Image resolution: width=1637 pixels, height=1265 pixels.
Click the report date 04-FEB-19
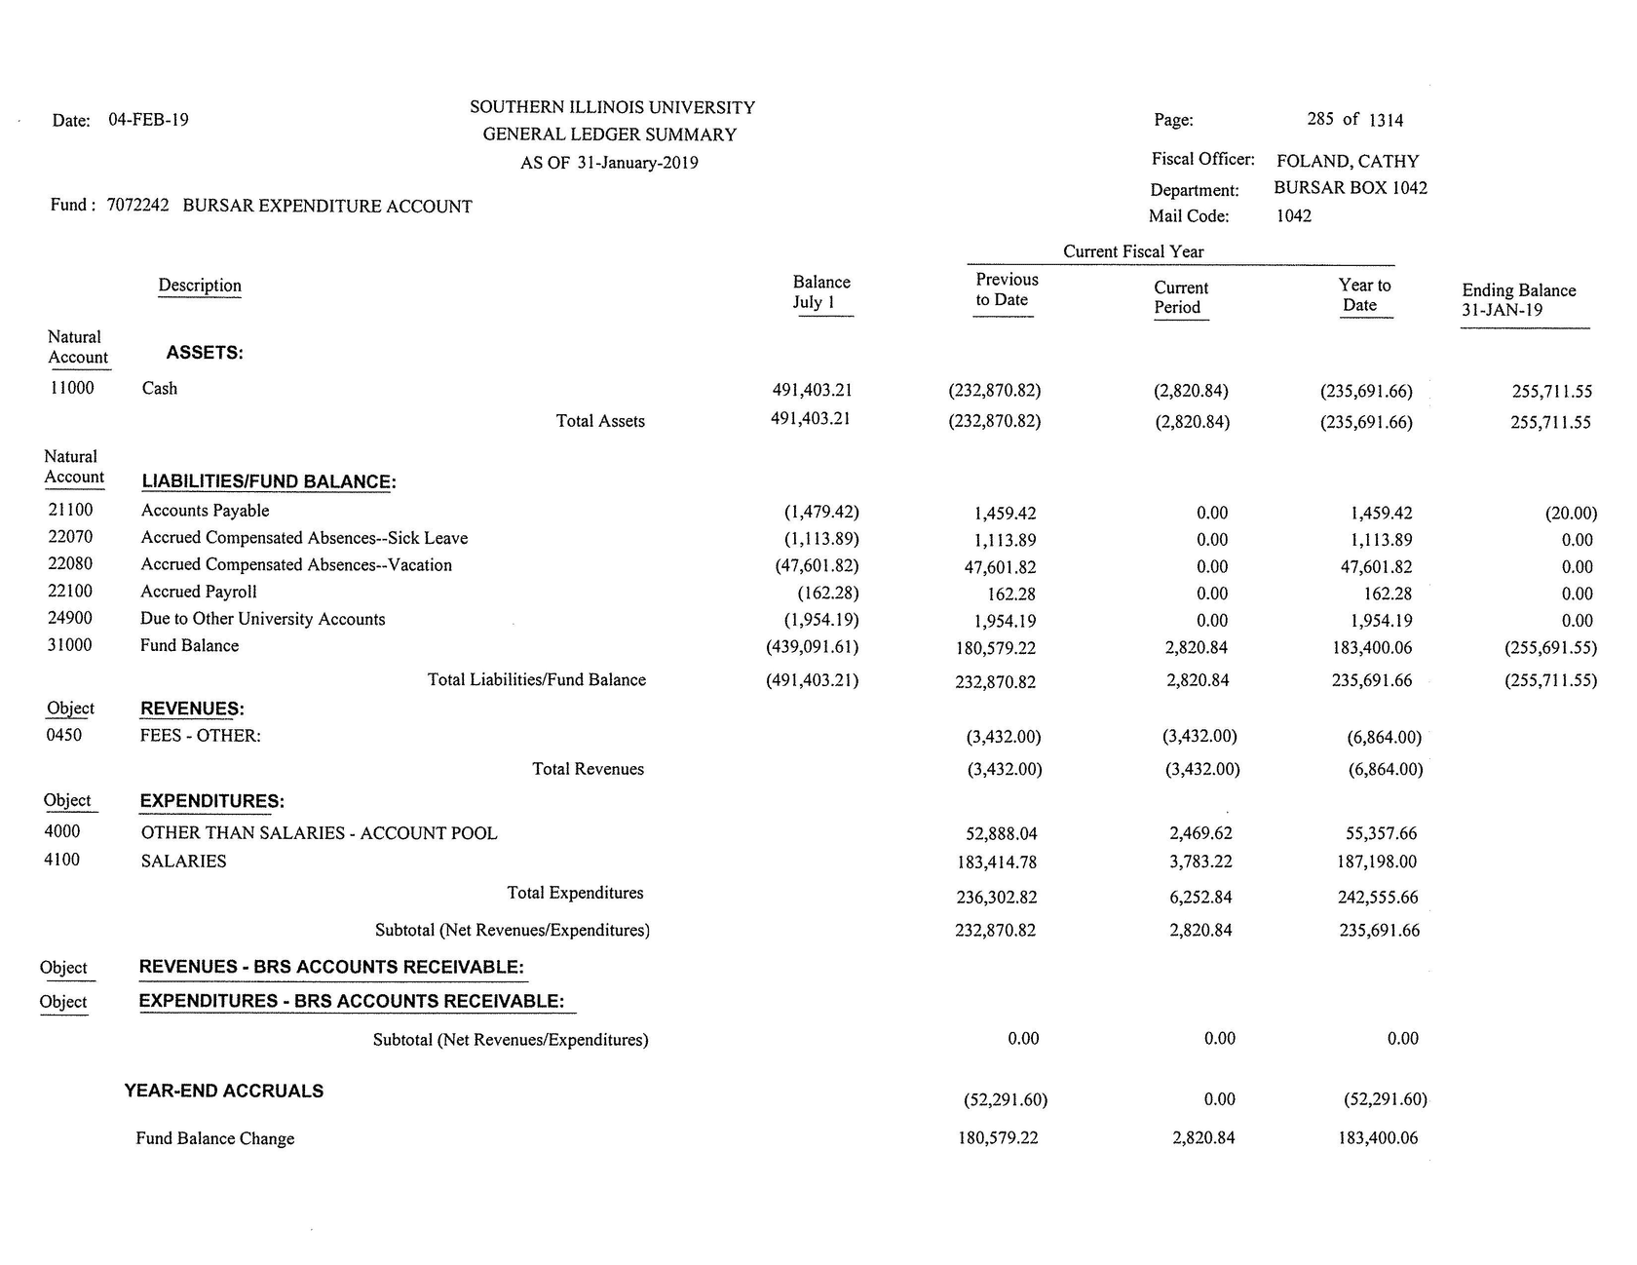(148, 120)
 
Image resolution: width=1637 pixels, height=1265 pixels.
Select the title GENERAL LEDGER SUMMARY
(609, 134)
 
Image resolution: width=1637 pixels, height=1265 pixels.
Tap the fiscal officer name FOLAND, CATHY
(1348, 161)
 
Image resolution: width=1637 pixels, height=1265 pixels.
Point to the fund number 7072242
(137, 206)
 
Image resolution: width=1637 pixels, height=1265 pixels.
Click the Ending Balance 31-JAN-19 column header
(1518, 300)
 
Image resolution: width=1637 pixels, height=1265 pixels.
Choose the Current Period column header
(1180, 297)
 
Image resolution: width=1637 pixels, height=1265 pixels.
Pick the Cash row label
(160, 389)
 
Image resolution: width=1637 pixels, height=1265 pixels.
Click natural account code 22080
(70, 564)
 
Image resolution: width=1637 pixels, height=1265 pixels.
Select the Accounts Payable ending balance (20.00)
(1571, 513)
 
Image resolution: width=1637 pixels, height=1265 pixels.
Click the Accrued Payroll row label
(199, 592)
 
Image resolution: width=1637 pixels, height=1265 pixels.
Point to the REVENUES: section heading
(192, 709)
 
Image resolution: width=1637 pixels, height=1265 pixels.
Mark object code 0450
(64, 735)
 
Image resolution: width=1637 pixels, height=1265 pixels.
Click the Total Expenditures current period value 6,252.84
(1200, 898)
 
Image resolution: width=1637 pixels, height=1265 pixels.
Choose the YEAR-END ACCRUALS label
(224, 1092)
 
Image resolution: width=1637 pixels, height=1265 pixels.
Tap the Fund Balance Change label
(214, 1138)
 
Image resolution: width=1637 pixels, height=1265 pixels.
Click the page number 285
(1319, 119)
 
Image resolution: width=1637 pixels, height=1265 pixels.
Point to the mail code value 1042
(1293, 215)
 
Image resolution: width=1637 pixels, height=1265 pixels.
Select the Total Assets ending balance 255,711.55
(1550, 423)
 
